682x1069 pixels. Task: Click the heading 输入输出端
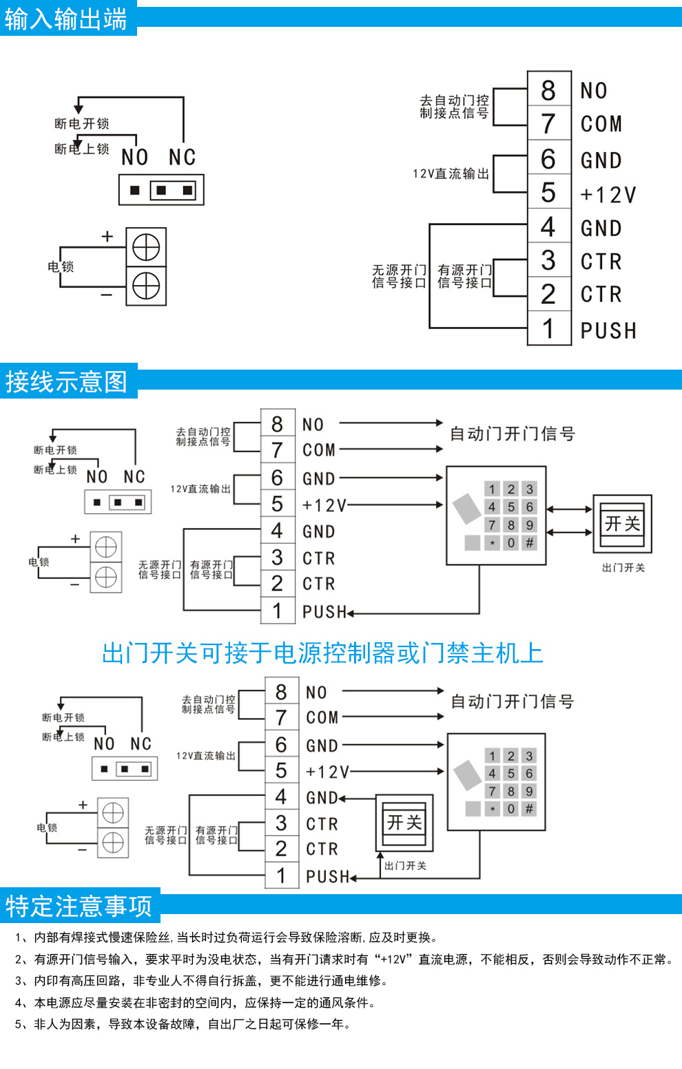66,19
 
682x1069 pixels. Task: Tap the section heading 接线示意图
67,381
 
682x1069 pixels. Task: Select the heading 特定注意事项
79,906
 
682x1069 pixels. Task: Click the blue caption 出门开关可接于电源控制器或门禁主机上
322,653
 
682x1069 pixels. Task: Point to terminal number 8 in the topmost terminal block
548,89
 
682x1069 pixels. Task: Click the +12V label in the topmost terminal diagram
608,195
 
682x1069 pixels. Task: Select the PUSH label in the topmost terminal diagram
608,330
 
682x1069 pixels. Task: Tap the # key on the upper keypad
529,543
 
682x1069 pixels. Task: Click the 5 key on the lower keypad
511,774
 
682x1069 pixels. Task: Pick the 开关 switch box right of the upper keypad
622,524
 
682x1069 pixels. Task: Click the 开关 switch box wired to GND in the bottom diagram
404,823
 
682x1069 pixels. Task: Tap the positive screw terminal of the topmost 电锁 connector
146,247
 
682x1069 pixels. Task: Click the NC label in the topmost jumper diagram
183,158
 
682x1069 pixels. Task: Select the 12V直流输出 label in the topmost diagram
451,174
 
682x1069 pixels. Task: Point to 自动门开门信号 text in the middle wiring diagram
512,434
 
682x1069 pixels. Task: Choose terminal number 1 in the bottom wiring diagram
281,876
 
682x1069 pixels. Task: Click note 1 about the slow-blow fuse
227,937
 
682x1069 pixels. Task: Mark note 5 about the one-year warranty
183,1024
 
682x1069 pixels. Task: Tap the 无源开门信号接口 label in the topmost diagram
399,276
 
